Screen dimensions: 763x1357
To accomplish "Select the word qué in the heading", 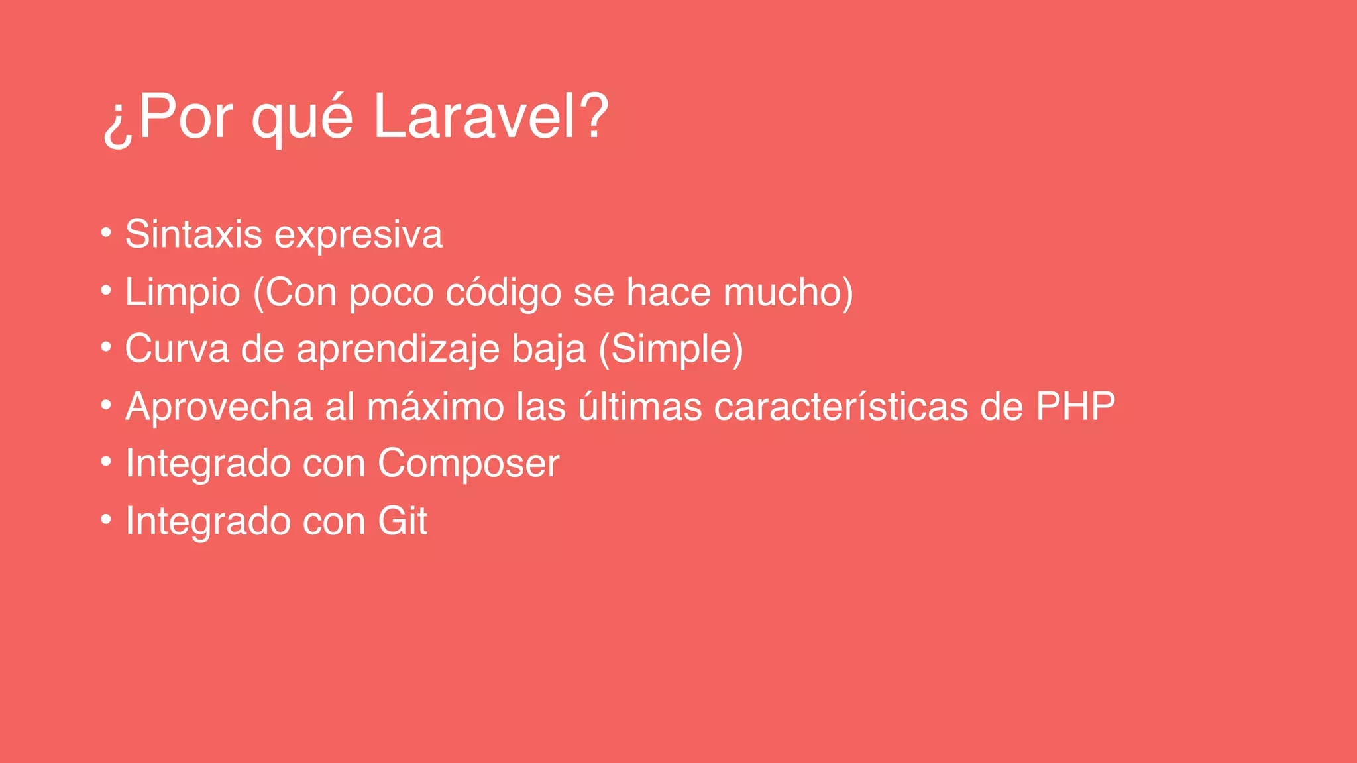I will click(x=301, y=119).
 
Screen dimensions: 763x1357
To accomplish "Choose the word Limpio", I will click(x=182, y=293).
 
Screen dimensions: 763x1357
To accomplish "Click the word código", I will click(x=503, y=293).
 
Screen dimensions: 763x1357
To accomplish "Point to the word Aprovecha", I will click(x=219, y=406).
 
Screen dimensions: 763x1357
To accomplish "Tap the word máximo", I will click(x=435, y=406).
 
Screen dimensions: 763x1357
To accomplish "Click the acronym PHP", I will click(x=1075, y=406).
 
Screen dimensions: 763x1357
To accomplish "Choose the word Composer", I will click(x=468, y=464).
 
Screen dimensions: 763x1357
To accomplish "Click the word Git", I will click(x=402, y=521).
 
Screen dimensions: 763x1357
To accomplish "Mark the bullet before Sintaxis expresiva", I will click(x=106, y=233).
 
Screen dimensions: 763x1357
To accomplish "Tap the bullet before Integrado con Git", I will click(x=106, y=520).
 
